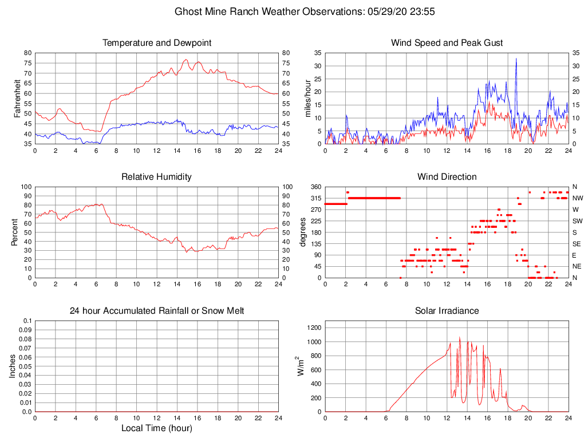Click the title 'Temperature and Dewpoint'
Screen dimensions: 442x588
pyautogui.click(x=156, y=43)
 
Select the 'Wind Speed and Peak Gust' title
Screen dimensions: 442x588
pyautogui.click(x=447, y=43)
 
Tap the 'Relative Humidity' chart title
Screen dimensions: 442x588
pyautogui.click(x=156, y=177)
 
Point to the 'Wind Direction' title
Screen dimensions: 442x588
pyautogui.click(x=447, y=177)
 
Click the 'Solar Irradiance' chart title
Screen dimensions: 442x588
pyautogui.click(x=447, y=311)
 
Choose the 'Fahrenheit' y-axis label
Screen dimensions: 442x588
pyautogui.click(x=18, y=98)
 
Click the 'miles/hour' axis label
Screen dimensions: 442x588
pyautogui.click(x=308, y=98)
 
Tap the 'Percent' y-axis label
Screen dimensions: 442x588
pyautogui.click(x=14, y=232)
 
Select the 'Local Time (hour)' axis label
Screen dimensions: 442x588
pyautogui.click(x=156, y=428)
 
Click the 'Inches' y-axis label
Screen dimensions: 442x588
pyautogui.click(x=13, y=366)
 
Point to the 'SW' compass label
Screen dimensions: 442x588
pyautogui.click(x=578, y=221)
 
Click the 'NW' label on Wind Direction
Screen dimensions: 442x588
pyautogui.click(x=578, y=198)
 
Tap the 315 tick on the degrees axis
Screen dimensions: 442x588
pyautogui.click(x=314, y=198)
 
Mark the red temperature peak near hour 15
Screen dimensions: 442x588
pyautogui.click(x=186, y=60)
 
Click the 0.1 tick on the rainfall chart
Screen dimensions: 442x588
pyautogui.click(x=26, y=321)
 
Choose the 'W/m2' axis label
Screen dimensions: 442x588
pyautogui.click(x=298, y=366)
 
